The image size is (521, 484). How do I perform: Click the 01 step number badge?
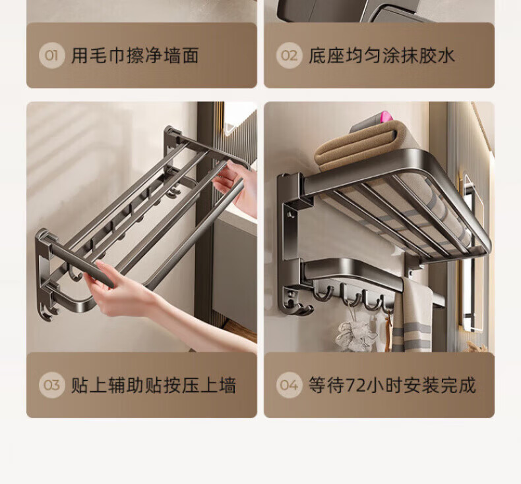click(51, 55)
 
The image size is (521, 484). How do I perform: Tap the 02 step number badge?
click(289, 55)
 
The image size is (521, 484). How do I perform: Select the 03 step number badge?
click(51, 385)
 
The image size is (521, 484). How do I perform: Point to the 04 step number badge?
click(289, 385)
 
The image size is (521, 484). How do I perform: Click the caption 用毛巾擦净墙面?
click(135, 55)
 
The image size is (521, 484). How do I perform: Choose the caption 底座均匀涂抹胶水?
click(381, 55)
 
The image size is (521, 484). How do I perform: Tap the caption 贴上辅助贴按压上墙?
click(154, 385)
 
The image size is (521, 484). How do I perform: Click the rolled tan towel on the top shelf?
click(355, 148)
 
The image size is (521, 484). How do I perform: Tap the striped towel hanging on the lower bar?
click(412, 318)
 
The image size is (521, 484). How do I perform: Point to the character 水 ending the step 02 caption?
click(446, 55)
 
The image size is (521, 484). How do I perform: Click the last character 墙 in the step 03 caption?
click(228, 385)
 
